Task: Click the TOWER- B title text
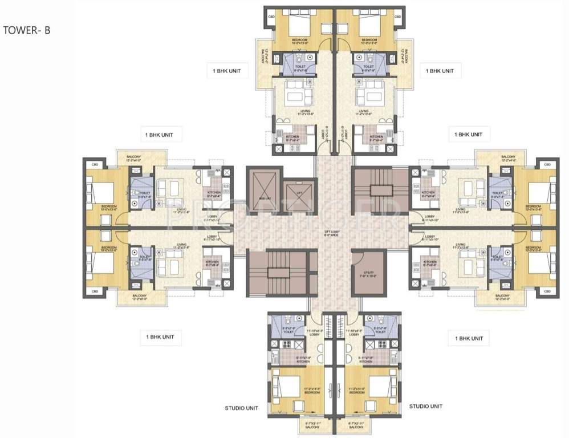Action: pyautogui.click(x=27, y=30)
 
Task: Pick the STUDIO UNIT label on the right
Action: pyautogui.click(x=426, y=406)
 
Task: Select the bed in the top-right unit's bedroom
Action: pyautogui.click(x=365, y=25)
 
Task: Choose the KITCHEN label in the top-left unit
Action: pyautogui.click(x=295, y=137)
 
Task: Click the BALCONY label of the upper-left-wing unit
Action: pyautogui.click(x=135, y=158)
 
